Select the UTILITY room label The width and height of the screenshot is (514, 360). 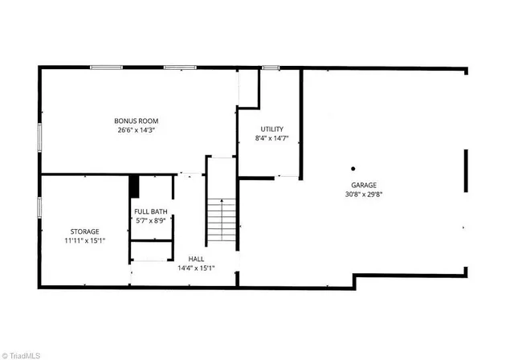pyautogui.click(x=272, y=129)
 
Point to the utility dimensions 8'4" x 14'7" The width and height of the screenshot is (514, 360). pyautogui.click(x=272, y=138)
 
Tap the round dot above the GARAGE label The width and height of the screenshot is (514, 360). pyautogui.click(x=353, y=169)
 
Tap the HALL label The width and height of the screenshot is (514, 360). pyautogui.click(x=196, y=259)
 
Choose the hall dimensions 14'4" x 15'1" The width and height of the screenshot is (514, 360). pyautogui.click(x=196, y=268)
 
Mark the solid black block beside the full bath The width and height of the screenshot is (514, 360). pyautogui.click(x=136, y=186)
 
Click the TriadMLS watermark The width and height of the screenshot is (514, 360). pyautogui.click(x=24, y=354)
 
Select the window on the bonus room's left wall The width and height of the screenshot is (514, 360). pyautogui.click(x=39, y=136)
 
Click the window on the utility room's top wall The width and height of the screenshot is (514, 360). pyautogui.click(x=271, y=67)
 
